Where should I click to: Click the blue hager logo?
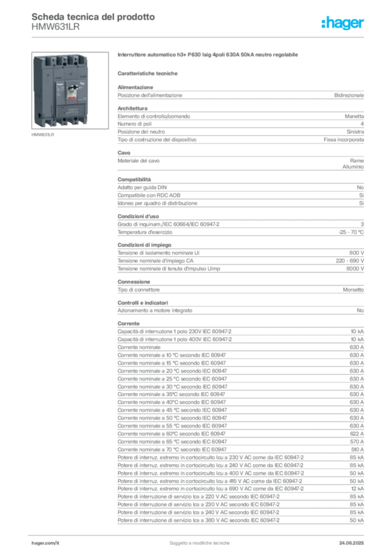pyautogui.click(x=343, y=23)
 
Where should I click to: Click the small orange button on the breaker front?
pyautogui.click(x=82, y=84)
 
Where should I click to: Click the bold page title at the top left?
pyautogui.click(x=92, y=16)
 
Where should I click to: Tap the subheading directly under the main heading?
pyautogui.click(x=149, y=72)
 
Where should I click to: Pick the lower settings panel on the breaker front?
pyautogui.click(x=70, y=111)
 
